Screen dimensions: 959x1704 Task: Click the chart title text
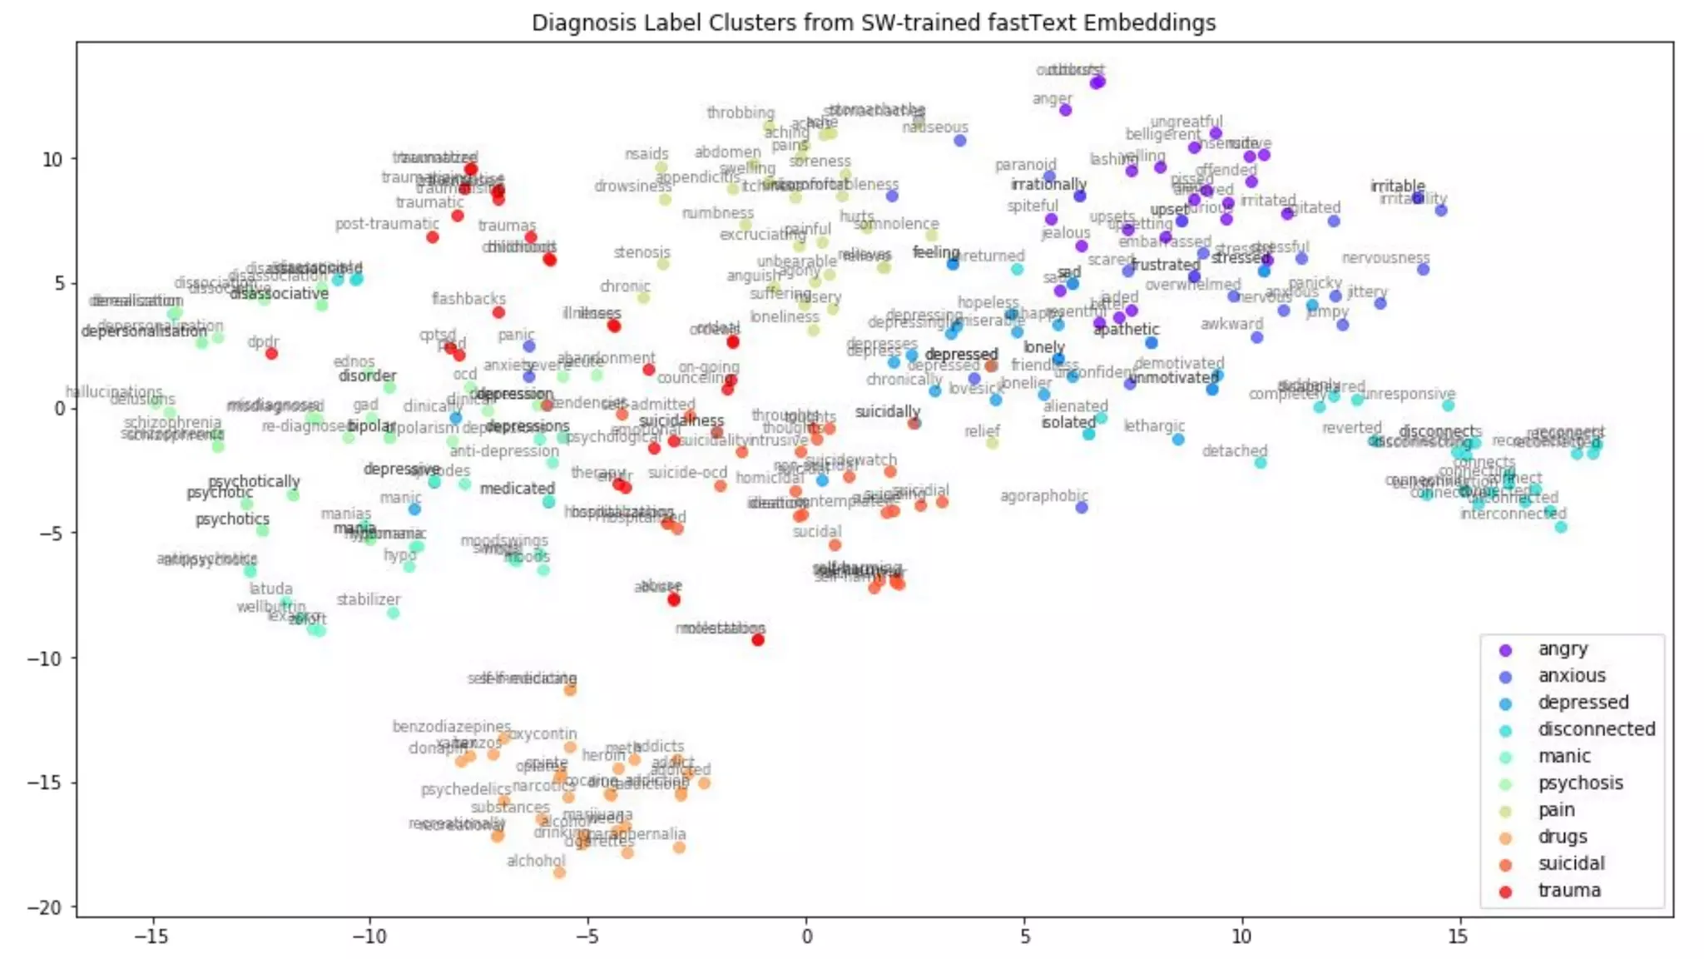(x=874, y=22)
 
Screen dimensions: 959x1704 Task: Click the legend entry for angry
(x=1563, y=648)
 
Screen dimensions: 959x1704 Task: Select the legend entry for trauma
(x=1568, y=890)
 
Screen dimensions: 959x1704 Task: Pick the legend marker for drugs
(x=1505, y=837)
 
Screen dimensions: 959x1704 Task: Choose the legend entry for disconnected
(x=1596, y=729)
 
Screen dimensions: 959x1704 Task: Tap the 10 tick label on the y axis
(x=52, y=158)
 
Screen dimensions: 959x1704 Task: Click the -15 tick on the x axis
(x=151, y=937)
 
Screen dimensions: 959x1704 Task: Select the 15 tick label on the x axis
(x=1458, y=937)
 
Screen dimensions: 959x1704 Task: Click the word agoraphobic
(x=1043, y=495)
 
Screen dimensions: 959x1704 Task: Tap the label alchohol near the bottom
(x=536, y=861)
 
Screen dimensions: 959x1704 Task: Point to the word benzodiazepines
(x=452, y=727)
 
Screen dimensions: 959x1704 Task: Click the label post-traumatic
(x=387, y=223)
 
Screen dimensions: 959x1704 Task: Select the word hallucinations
(x=114, y=390)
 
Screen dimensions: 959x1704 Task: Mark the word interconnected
(x=1513, y=513)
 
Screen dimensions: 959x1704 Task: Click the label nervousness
(x=1385, y=257)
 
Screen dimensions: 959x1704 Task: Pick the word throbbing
(x=741, y=112)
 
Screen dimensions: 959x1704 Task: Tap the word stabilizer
(x=369, y=599)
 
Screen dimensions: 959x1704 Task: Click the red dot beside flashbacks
(x=498, y=312)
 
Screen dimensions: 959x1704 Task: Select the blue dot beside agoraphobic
(x=1082, y=507)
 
